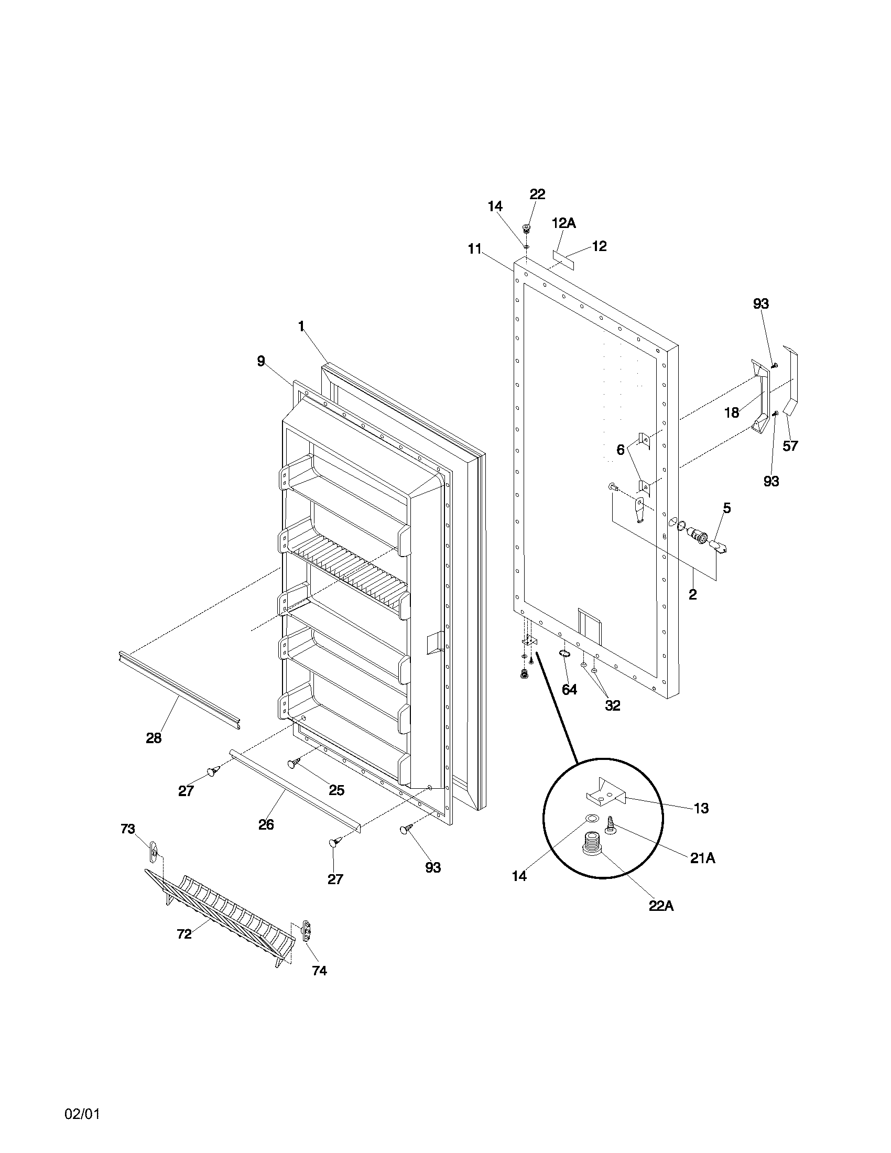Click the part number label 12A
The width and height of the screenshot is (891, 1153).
(x=563, y=223)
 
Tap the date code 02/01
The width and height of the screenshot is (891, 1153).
(x=82, y=1110)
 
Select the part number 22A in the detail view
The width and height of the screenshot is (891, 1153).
(x=661, y=906)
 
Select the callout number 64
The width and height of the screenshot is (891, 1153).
(x=569, y=690)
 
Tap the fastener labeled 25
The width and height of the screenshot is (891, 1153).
(x=294, y=764)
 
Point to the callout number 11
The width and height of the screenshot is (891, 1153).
(x=474, y=248)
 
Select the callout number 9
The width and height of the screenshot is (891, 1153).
(x=261, y=361)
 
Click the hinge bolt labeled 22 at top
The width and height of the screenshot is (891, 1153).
(x=526, y=229)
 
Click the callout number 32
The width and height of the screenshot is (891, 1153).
(x=612, y=705)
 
